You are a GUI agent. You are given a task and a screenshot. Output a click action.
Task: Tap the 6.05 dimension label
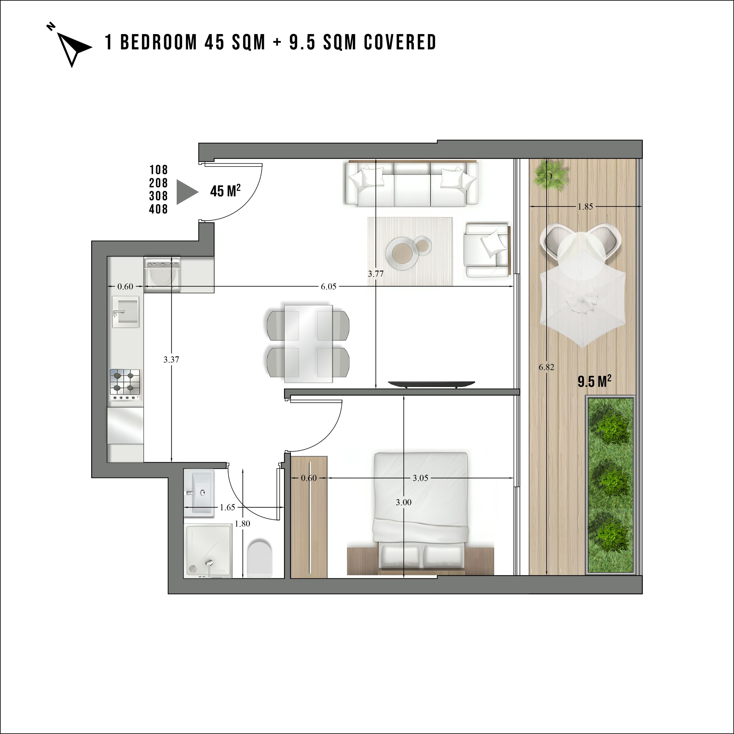pyautogui.click(x=328, y=286)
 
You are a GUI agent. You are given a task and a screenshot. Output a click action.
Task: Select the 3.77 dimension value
pyautogui.click(x=375, y=273)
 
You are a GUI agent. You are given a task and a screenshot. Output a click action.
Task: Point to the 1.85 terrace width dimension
pyautogui.click(x=585, y=206)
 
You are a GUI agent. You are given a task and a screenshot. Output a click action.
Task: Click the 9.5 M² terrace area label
pyautogui.click(x=594, y=381)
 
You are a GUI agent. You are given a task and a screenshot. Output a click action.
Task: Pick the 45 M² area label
pyautogui.click(x=225, y=190)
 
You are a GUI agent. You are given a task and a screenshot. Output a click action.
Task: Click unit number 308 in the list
pyautogui.click(x=158, y=196)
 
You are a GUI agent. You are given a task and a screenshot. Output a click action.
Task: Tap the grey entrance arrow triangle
pyautogui.click(x=187, y=192)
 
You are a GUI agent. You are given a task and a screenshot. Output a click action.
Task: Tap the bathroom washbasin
pyautogui.click(x=199, y=492)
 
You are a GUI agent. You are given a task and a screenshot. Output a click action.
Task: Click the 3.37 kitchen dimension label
pyautogui.click(x=171, y=359)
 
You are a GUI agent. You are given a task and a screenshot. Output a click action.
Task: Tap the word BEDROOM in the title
pyautogui.click(x=158, y=42)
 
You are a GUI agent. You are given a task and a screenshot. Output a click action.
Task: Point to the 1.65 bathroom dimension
pyautogui.click(x=227, y=507)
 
